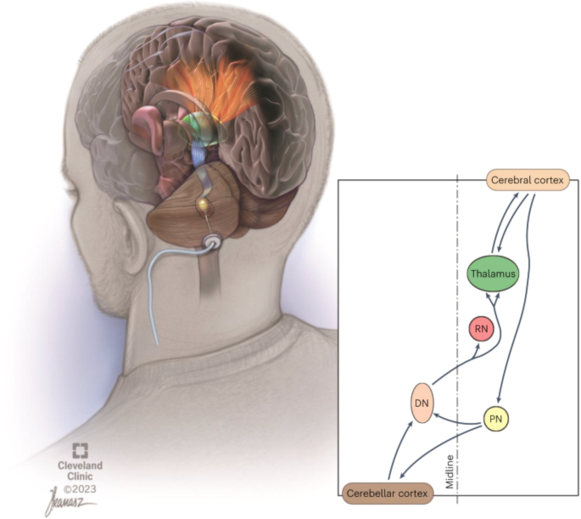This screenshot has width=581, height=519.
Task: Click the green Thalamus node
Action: point(492,274)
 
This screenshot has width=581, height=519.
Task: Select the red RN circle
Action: point(481,329)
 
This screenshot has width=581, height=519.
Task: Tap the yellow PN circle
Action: point(496,419)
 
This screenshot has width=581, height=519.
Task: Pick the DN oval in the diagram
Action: point(422,403)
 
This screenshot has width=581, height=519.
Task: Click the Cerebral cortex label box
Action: point(528,180)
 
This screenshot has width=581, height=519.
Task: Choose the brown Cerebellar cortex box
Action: point(388,494)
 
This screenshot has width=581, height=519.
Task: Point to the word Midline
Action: point(450,471)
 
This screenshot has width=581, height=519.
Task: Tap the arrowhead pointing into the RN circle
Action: point(478,347)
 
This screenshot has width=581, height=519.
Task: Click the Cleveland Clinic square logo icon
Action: point(80,450)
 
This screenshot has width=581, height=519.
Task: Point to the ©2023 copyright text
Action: point(80,489)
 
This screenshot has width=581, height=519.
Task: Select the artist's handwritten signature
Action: point(69,501)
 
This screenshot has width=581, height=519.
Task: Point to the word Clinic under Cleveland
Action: point(80,477)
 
